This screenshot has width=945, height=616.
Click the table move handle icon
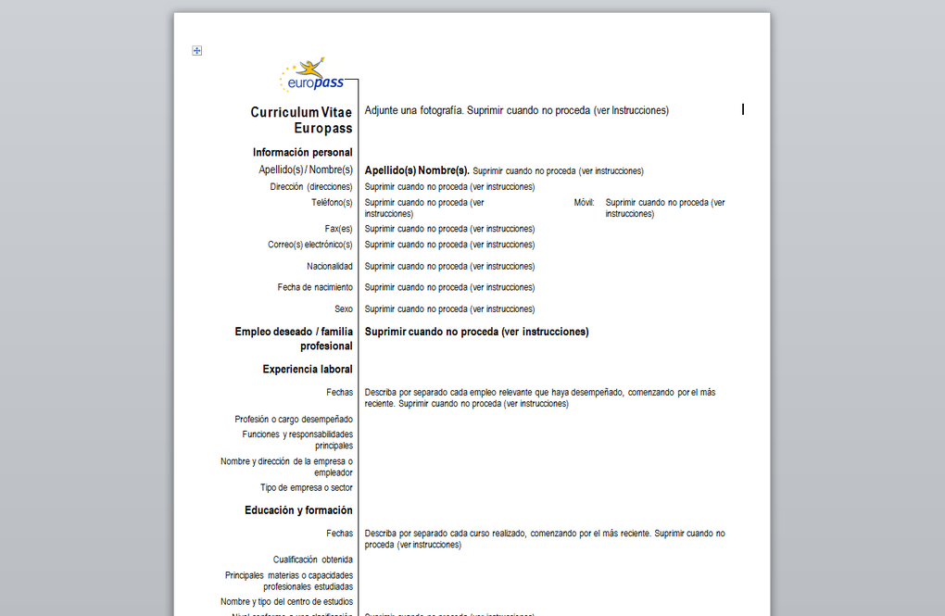pyautogui.click(x=197, y=51)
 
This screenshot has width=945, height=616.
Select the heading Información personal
pyautogui.click(x=302, y=152)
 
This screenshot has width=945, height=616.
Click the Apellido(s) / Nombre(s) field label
pyautogui.click(x=306, y=170)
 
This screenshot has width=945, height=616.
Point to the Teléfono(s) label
pyautogui.click(x=332, y=202)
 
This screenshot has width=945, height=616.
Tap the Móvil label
pyautogui.click(x=584, y=202)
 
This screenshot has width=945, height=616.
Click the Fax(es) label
pyautogui.click(x=338, y=229)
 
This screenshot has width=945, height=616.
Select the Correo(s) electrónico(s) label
pyautogui.click(x=309, y=245)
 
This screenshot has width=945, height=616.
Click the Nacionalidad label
pyautogui.click(x=329, y=267)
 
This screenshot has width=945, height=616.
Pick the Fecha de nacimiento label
pyautogui.click(x=315, y=287)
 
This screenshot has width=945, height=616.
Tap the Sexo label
pyautogui.click(x=344, y=309)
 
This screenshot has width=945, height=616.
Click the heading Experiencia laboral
pyautogui.click(x=307, y=370)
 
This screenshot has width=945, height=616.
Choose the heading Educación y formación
pyautogui.click(x=298, y=510)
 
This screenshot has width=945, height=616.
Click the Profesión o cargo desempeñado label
pyautogui.click(x=293, y=419)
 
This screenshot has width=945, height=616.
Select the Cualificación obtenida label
pyautogui.click(x=312, y=559)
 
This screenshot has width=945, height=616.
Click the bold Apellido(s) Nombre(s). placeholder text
pyautogui.click(x=417, y=170)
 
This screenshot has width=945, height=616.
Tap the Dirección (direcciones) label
pyautogui.click(x=311, y=187)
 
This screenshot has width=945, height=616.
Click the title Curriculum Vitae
pyautogui.click(x=301, y=112)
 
